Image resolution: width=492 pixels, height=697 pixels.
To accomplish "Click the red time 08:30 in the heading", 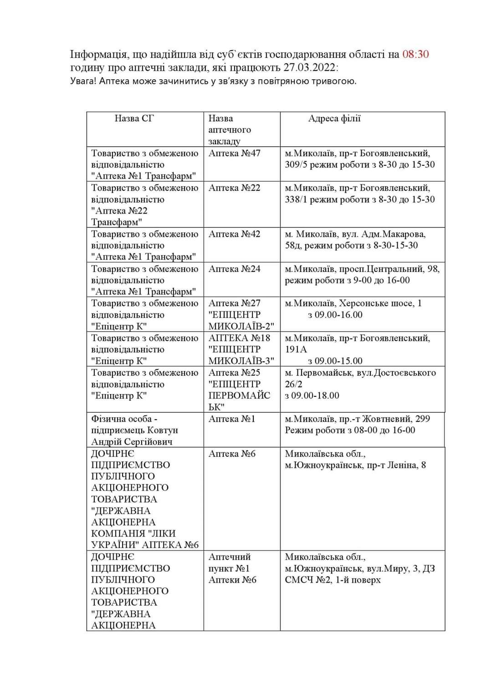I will (415, 55).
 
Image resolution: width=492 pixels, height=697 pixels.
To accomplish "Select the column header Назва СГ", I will (134, 118).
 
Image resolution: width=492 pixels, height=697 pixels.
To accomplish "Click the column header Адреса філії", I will (334, 118).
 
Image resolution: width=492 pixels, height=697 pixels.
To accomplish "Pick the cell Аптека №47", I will (234, 153).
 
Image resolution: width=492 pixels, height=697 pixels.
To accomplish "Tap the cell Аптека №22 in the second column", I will (234, 188).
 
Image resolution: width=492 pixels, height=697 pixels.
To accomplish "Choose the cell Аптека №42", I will (234, 234).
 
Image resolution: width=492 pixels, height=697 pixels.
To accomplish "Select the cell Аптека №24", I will (234, 269).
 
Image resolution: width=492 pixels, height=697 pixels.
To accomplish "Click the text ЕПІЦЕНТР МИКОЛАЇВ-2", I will (241, 321).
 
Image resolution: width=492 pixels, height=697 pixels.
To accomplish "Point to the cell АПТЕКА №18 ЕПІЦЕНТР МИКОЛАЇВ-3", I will (241, 349).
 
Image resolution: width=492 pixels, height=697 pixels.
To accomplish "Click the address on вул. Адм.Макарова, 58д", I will (355, 240).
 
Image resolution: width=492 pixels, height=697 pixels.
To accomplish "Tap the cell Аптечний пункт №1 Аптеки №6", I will (232, 568).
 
